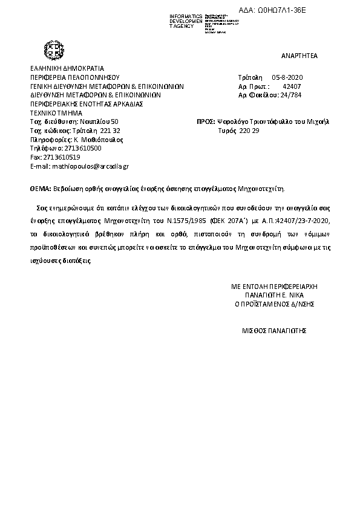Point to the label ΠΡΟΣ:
206,122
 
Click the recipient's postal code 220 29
249,131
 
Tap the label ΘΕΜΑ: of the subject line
41,188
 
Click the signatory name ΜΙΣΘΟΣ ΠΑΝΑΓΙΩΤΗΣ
274,331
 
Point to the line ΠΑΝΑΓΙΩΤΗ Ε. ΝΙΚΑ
274,296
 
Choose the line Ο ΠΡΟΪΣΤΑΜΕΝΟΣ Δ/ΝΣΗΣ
274,304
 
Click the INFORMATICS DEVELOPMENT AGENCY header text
185,21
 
